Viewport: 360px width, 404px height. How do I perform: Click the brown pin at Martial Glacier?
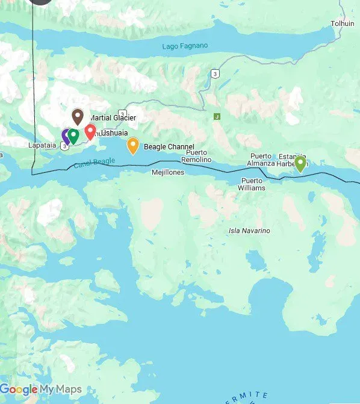[77, 116]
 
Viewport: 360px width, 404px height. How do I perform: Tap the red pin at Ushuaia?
[90, 131]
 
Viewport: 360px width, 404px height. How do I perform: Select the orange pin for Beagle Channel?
[132, 145]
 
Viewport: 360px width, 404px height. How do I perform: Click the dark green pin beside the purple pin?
[73, 135]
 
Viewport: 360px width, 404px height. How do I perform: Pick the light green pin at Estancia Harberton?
[300, 163]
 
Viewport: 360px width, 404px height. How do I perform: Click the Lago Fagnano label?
[184, 46]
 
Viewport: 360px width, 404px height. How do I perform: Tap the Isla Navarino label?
[249, 231]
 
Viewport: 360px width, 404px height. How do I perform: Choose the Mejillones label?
[168, 172]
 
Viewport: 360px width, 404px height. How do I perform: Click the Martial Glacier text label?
[113, 118]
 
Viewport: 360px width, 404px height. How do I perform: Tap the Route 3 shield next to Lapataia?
[64, 146]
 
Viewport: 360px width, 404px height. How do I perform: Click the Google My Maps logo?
[41, 390]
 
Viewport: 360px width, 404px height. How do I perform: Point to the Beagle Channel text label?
[169, 146]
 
